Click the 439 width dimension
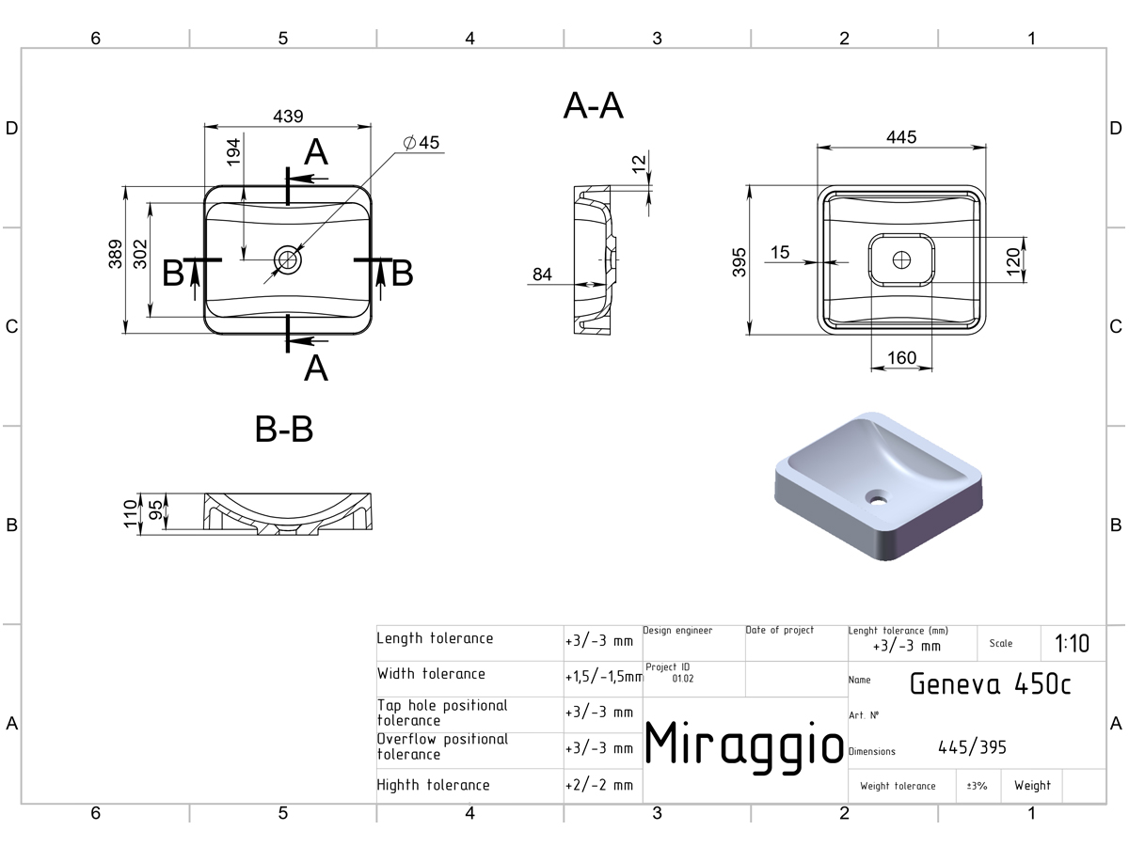[288, 116]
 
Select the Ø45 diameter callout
[421, 142]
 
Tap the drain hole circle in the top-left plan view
[288, 259]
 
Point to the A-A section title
[594, 106]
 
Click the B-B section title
[284, 429]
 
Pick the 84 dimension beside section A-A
[542, 274]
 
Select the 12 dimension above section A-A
[638, 164]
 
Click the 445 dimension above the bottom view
[901, 137]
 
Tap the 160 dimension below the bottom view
[901, 357]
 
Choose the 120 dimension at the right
[1012, 261]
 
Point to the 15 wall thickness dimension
[780, 252]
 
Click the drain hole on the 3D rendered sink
[877, 496]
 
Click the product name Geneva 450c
[990, 683]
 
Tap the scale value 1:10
[1072, 643]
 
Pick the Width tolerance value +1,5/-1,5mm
[604, 677]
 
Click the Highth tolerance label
[433, 785]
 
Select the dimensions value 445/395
[972, 747]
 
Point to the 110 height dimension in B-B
[131, 513]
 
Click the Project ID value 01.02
[682, 679]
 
